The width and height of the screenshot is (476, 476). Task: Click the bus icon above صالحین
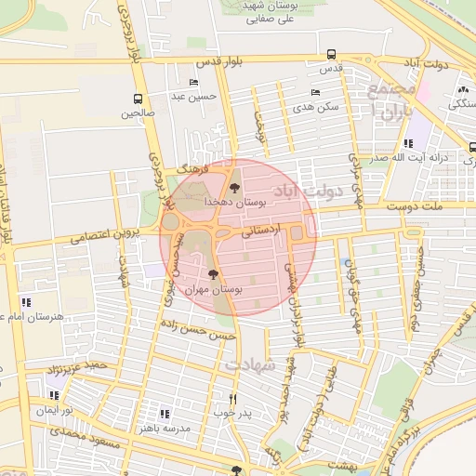pos(139,99)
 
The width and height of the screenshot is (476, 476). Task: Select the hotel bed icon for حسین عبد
pos(194,81)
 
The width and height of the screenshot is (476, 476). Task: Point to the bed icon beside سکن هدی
pos(315,92)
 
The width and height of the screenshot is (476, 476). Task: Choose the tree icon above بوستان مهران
pos(214,275)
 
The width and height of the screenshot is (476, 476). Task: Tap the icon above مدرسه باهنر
pos(165,413)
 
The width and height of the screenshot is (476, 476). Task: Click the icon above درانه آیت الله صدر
pos(408,144)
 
